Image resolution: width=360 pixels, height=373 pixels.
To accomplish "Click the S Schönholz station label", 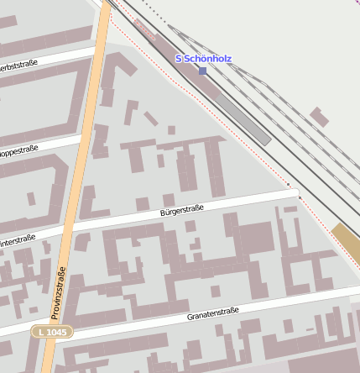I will point(203,59).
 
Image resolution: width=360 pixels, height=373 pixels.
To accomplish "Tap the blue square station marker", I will point(202,71).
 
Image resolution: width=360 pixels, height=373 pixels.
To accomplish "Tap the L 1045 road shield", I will point(52,333).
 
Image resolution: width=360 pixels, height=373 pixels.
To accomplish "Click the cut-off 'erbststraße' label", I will point(18,66).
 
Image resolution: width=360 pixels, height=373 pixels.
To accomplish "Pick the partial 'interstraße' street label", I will point(17,240).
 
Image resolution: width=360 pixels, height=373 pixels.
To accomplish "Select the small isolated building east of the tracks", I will point(319,116).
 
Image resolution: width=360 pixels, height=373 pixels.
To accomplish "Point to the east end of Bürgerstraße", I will point(295,193).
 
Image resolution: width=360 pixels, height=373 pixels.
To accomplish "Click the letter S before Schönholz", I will point(178,59).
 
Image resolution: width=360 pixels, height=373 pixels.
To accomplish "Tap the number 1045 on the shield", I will point(55,333).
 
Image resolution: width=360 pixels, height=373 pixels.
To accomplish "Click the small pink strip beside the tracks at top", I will point(145,29).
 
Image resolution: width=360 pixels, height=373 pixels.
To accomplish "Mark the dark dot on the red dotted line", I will point(289,184).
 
